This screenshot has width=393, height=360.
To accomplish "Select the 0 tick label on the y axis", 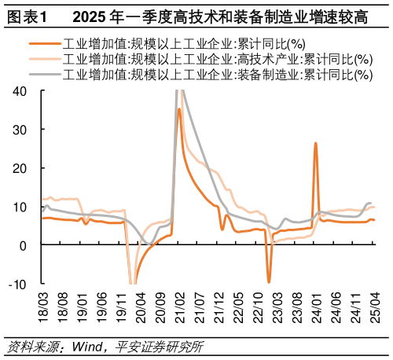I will pyautogui.click(x=24, y=245).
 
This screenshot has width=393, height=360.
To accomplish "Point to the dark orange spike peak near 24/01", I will pyautogui.click(x=315, y=143).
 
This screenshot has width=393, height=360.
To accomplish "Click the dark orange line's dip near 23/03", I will pyautogui.click(x=269, y=281).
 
